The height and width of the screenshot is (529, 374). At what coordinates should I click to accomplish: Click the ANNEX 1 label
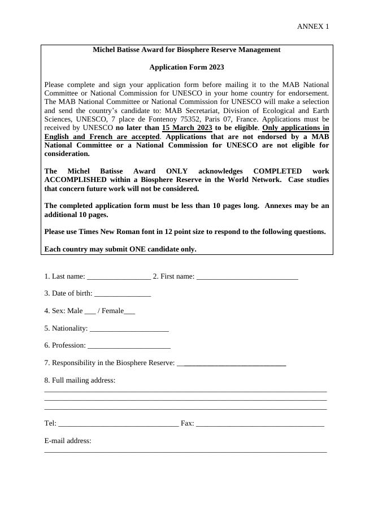(x=312, y=27)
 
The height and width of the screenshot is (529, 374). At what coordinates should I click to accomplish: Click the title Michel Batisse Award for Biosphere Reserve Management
(x=186, y=50)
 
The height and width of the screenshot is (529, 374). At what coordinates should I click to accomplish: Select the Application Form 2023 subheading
(x=186, y=67)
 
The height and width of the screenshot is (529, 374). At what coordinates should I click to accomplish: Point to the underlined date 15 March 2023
(x=187, y=128)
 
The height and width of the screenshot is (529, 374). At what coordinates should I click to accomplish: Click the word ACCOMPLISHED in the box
(x=76, y=180)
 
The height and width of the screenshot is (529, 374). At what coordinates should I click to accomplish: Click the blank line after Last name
(x=119, y=277)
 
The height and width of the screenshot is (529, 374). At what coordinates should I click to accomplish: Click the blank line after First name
(x=247, y=277)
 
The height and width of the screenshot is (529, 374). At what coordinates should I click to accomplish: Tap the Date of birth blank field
(x=123, y=294)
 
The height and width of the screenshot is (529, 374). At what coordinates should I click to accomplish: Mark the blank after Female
(x=129, y=311)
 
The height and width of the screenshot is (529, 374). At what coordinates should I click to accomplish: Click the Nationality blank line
(x=129, y=329)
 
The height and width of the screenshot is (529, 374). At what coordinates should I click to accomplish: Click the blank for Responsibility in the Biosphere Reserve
(x=232, y=363)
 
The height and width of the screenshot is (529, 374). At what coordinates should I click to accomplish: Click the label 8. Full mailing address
(x=80, y=380)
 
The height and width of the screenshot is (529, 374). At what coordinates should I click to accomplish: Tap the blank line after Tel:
(x=118, y=424)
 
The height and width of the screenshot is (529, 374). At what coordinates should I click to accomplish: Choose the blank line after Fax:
(x=260, y=424)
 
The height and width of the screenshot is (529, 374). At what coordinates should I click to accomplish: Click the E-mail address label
(x=68, y=441)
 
